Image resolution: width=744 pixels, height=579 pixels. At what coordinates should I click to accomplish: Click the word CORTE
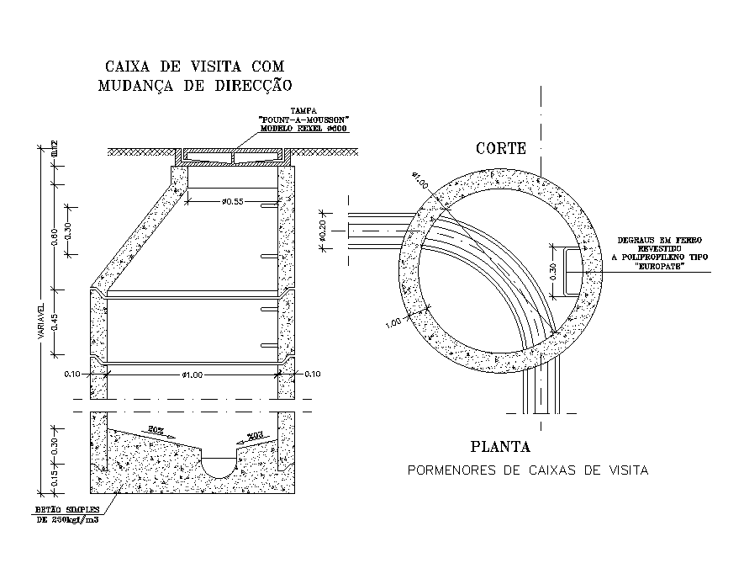[500, 149]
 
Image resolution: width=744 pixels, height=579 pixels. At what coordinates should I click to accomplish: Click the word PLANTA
[500, 448]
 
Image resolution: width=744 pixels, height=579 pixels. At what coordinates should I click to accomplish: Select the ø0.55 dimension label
[233, 201]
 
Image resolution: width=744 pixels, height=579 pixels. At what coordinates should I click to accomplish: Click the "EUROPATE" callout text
[660, 267]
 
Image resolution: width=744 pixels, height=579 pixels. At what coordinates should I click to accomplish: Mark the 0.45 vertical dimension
[53, 325]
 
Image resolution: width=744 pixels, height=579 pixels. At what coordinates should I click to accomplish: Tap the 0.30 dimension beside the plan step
[551, 270]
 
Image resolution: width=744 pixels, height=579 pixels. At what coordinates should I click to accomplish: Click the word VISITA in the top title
[211, 66]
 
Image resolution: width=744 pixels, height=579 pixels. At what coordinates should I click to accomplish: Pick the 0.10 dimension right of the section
[313, 374]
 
